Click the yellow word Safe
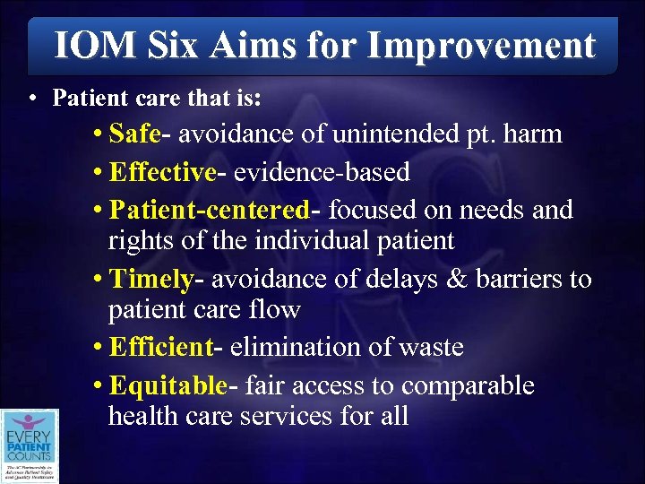pyautogui.click(x=134, y=134)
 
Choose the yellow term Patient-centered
pyautogui.click(x=209, y=210)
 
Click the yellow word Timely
pyautogui.click(x=150, y=279)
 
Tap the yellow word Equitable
pyautogui.click(x=168, y=386)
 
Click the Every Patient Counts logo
pyautogui.click(x=30, y=445)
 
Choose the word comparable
pyautogui.click(x=468, y=387)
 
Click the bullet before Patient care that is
pyautogui.click(x=32, y=97)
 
